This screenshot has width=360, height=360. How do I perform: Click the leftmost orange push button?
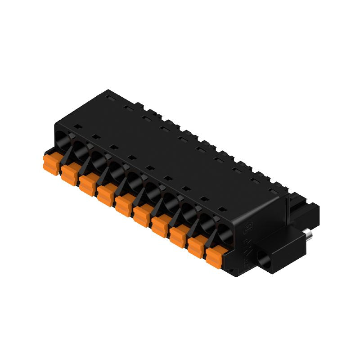click(x=51, y=164)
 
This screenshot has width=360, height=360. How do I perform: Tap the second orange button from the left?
click(x=69, y=174)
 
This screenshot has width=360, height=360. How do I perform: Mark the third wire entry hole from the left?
click(x=99, y=158)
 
